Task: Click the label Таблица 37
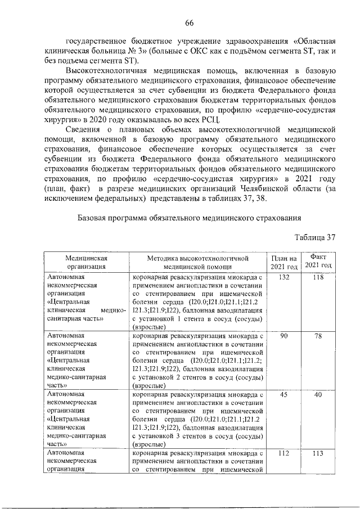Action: click(x=314, y=237)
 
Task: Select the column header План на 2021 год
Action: click(x=284, y=262)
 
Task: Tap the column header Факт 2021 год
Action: click(x=318, y=261)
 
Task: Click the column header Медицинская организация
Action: click(x=85, y=262)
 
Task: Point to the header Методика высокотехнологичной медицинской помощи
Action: click(x=198, y=262)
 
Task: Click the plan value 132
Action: click(x=284, y=278)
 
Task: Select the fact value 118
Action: click(x=318, y=278)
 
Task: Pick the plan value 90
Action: click(x=284, y=336)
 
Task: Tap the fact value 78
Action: click(x=318, y=336)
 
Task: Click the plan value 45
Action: click(x=284, y=395)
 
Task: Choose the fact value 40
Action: click(x=318, y=395)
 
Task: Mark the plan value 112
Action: click(x=284, y=453)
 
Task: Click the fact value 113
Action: click(x=318, y=453)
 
